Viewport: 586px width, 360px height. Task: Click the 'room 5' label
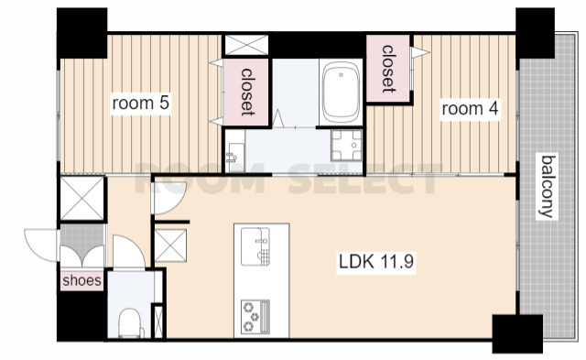pos(141,104)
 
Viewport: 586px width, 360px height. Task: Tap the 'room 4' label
pos(470,109)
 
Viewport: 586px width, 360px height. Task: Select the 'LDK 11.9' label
pos(376,262)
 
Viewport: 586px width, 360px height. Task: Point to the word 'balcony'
pos(548,187)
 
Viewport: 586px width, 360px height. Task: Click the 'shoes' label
pos(81,280)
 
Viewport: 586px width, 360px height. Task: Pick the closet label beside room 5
pos(246,92)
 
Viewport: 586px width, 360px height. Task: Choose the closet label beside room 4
pos(388,69)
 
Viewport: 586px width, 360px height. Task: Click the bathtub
pos(341,92)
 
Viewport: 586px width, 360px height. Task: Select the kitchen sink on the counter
pos(255,246)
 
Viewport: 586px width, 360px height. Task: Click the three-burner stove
pos(255,316)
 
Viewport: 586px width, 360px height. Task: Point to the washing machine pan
pos(346,145)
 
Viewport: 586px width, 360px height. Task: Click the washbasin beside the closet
pos(235,153)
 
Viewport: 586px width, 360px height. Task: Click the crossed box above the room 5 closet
pos(246,45)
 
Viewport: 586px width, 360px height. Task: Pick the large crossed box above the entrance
pos(82,198)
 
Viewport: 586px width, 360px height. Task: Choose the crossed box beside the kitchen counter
pos(170,245)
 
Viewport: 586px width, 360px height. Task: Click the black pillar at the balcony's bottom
pos(517,333)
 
